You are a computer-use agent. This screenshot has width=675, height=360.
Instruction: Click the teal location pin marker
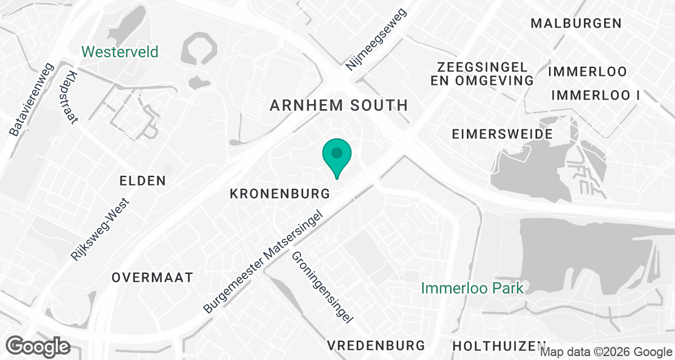[337, 155]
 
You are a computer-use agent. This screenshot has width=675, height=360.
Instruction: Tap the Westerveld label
[120, 52]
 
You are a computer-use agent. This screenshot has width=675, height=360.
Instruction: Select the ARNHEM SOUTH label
[339, 105]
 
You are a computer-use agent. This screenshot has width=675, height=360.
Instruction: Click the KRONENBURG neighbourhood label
[280, 193]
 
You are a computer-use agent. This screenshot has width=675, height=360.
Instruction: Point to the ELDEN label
[143, 181]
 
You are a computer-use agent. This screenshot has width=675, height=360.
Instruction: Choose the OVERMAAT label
[152, 277]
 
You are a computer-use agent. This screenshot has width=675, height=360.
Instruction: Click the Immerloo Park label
[473, 289]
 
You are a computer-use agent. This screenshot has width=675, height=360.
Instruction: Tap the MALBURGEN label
[576, 23]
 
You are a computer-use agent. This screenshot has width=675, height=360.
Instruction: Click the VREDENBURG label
[376, 345]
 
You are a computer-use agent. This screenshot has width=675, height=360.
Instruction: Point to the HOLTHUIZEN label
[499, 345]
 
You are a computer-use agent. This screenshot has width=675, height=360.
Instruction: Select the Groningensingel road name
[322, 287]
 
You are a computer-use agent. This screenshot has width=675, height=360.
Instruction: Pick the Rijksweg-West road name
[101, 229]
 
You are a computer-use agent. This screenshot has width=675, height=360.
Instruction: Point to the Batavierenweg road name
[31, 99]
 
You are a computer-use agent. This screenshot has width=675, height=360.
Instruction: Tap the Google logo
[38, 346]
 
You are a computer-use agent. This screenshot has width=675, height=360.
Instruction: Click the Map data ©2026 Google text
[605, 352]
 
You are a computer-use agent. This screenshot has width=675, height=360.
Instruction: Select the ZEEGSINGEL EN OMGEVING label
[482, 74]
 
